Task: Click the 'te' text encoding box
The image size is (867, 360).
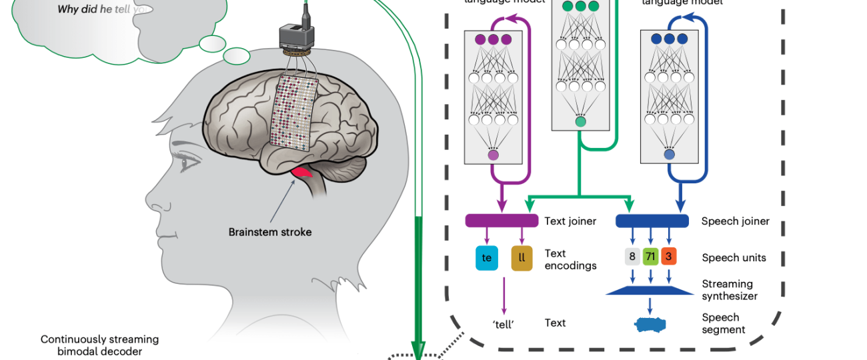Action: pos(487,258)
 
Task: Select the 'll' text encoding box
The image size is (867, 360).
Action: pos(522,258)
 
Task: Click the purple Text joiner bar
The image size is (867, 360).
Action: pos(502,221)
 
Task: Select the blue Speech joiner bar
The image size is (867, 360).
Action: pos(652,221)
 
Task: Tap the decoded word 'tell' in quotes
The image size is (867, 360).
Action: pos(504,323)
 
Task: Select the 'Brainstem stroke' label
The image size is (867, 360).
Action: pos(270,232)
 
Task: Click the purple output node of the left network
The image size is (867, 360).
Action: pos(494,155)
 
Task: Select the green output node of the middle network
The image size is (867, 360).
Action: pos(581,121)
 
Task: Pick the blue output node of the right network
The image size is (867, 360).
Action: pos(669,155)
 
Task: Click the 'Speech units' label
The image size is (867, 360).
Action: pos(734,258)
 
